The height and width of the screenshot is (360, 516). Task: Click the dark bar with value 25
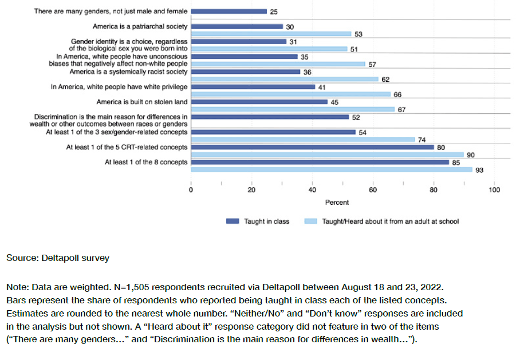229,11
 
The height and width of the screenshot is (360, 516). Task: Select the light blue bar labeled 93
332,169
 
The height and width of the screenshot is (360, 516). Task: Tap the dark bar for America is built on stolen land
259,102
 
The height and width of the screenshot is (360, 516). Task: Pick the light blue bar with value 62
285,79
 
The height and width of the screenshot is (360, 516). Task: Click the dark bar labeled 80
312,147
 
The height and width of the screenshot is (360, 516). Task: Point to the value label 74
422,140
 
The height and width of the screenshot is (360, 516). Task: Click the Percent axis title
337,202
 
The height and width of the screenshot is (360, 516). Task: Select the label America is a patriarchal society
140,26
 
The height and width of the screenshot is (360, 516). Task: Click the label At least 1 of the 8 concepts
146,162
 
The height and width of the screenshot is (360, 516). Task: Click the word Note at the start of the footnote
16,286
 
